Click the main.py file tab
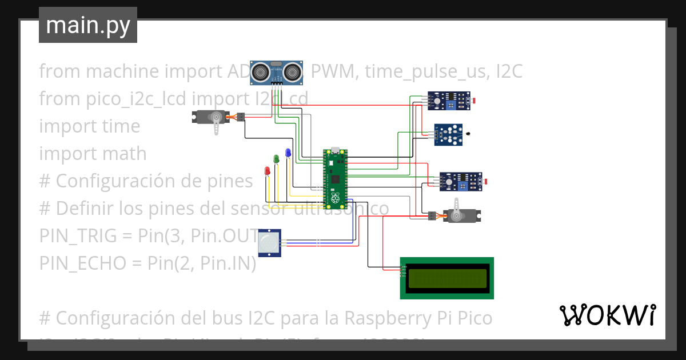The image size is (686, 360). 87,25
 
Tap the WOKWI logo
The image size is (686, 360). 607,315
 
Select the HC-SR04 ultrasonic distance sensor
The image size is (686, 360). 277,71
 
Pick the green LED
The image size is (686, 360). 277,158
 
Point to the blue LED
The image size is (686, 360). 288,153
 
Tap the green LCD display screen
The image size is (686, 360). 446,278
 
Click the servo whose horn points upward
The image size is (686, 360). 461,215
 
